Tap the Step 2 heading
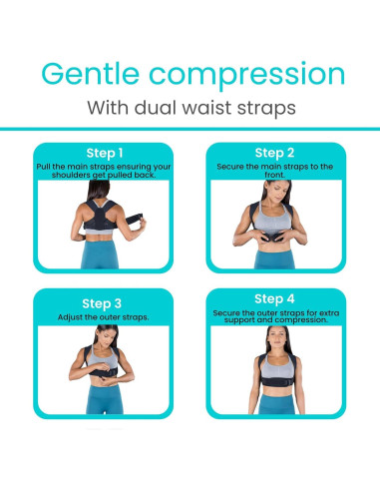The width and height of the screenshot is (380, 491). point(275,153)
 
